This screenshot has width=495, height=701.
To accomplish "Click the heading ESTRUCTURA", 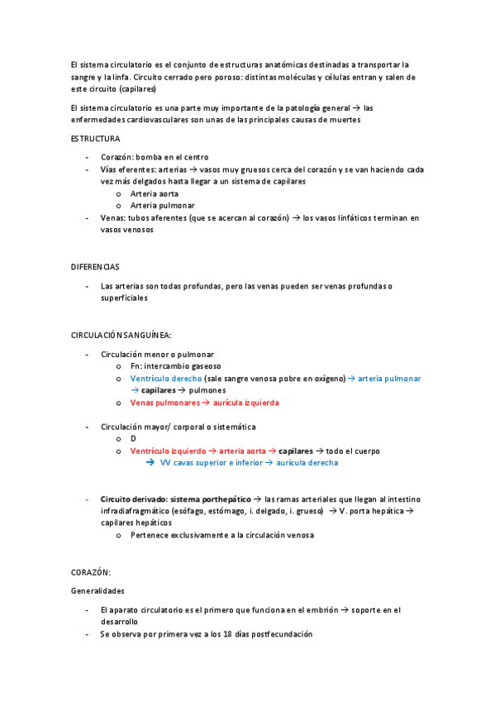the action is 96,138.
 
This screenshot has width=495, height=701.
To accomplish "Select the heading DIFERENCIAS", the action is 96,267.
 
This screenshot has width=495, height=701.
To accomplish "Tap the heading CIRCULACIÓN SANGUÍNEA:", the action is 121,335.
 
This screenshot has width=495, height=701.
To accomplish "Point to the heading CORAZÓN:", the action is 91,571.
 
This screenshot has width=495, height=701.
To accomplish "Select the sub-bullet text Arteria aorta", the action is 155,193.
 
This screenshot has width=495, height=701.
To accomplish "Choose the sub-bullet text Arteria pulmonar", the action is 162,205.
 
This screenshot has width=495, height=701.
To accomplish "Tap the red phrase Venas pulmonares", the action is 165,403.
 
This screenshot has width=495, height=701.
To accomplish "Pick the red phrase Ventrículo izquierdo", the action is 169,451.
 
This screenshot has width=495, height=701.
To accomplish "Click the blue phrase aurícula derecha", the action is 307,463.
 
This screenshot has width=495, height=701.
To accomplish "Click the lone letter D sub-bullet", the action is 133,439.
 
